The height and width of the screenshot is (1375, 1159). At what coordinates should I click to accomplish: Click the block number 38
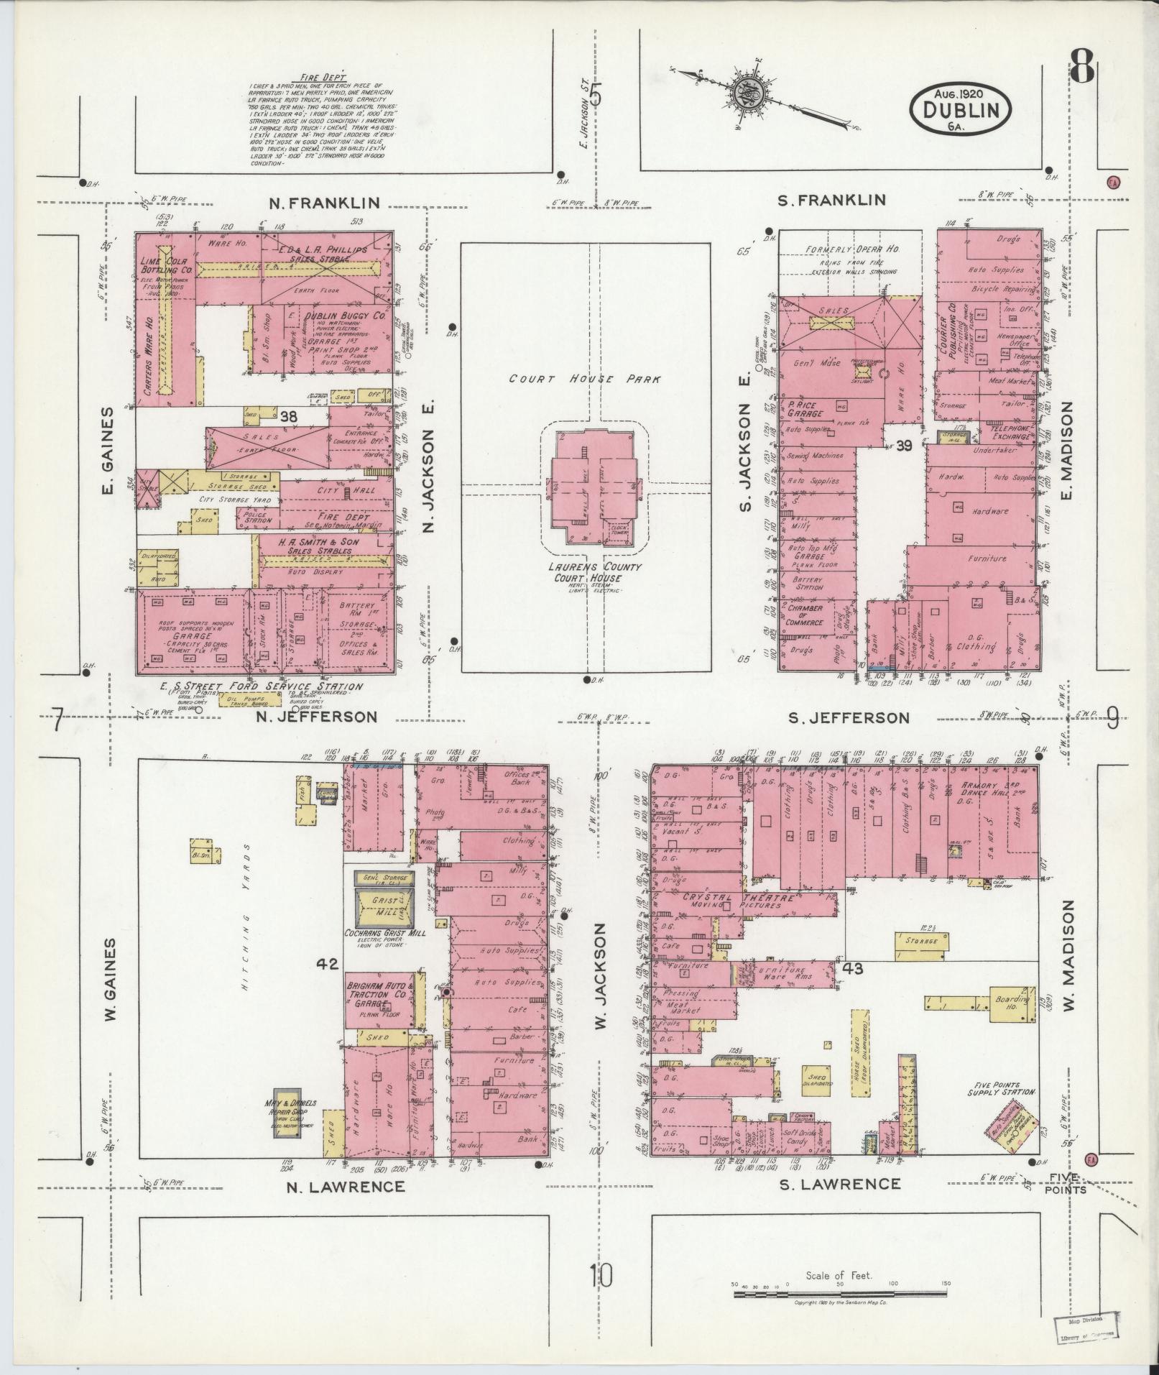289,416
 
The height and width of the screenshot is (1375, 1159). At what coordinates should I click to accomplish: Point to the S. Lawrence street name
840,1184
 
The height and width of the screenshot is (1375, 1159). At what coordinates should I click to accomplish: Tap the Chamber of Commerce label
804,615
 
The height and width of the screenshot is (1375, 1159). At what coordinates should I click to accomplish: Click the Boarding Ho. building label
1012,1004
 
